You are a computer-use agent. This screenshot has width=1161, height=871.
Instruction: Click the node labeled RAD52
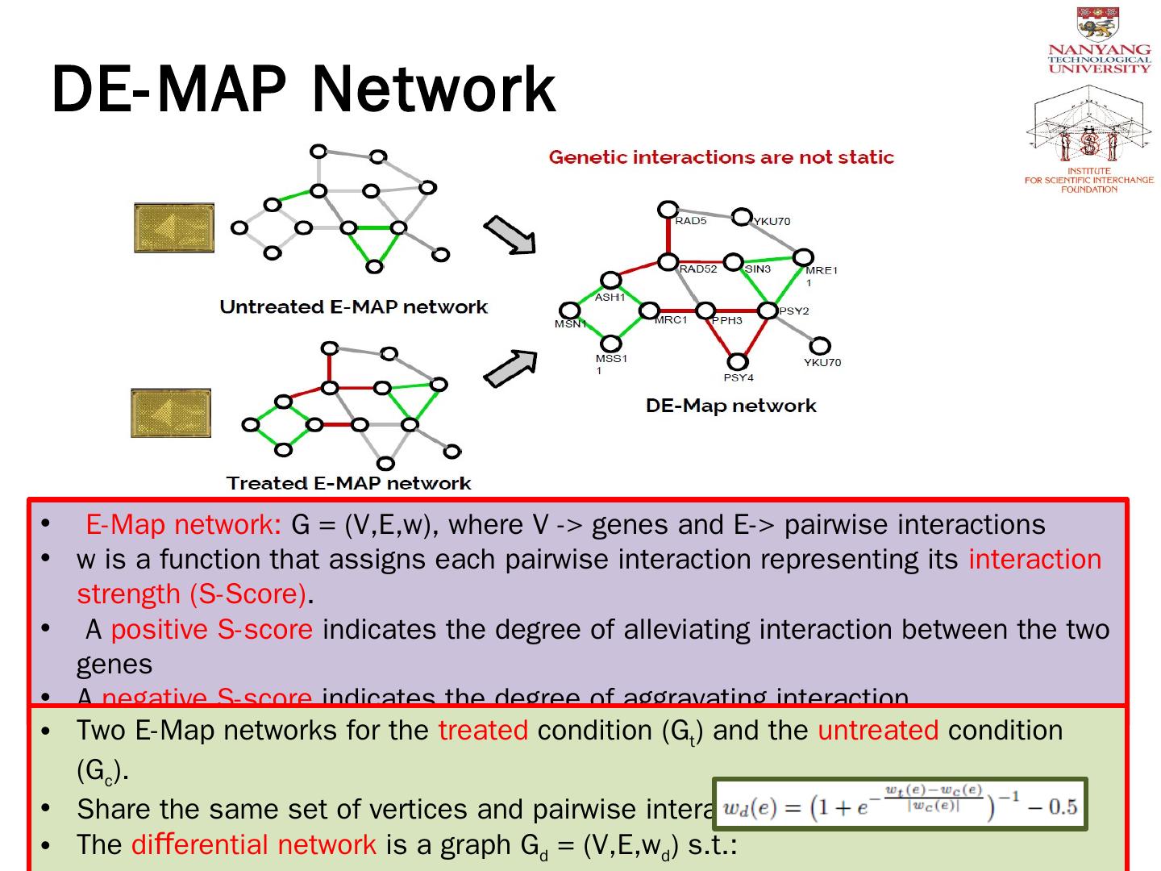tap(668, 261)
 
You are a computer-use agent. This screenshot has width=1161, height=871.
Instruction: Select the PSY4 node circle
tap(738, 362)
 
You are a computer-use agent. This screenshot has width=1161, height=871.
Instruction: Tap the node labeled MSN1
tap(570, 310)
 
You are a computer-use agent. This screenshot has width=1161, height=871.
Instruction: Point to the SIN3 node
tap(734, 261)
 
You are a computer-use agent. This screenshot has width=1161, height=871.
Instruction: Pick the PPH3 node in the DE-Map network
tap(705, 310)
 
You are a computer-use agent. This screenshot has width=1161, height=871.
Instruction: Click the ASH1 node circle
tap(611, 281)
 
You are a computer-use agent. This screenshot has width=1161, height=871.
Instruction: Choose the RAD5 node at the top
tap(668, 210)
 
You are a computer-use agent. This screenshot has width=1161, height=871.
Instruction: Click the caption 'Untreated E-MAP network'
tap(353, 307)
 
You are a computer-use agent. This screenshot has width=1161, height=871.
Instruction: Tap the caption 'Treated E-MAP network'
tap(348, 483)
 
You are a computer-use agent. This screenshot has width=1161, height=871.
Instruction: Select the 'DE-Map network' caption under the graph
tap(730, 406)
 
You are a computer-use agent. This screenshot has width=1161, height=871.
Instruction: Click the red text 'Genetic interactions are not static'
tap(722, 157)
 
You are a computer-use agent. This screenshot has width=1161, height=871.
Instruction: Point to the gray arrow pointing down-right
tap(510, 235)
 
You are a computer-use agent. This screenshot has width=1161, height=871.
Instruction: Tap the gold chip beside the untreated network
tap(174, 228)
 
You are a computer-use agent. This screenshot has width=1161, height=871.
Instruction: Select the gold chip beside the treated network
tap(171, 413)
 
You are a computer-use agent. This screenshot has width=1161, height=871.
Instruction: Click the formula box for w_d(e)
tap(901, 805)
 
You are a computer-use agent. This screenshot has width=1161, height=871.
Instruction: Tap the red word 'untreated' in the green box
tap(878, 731)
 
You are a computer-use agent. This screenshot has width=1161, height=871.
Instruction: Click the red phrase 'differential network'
tap(254, 844)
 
